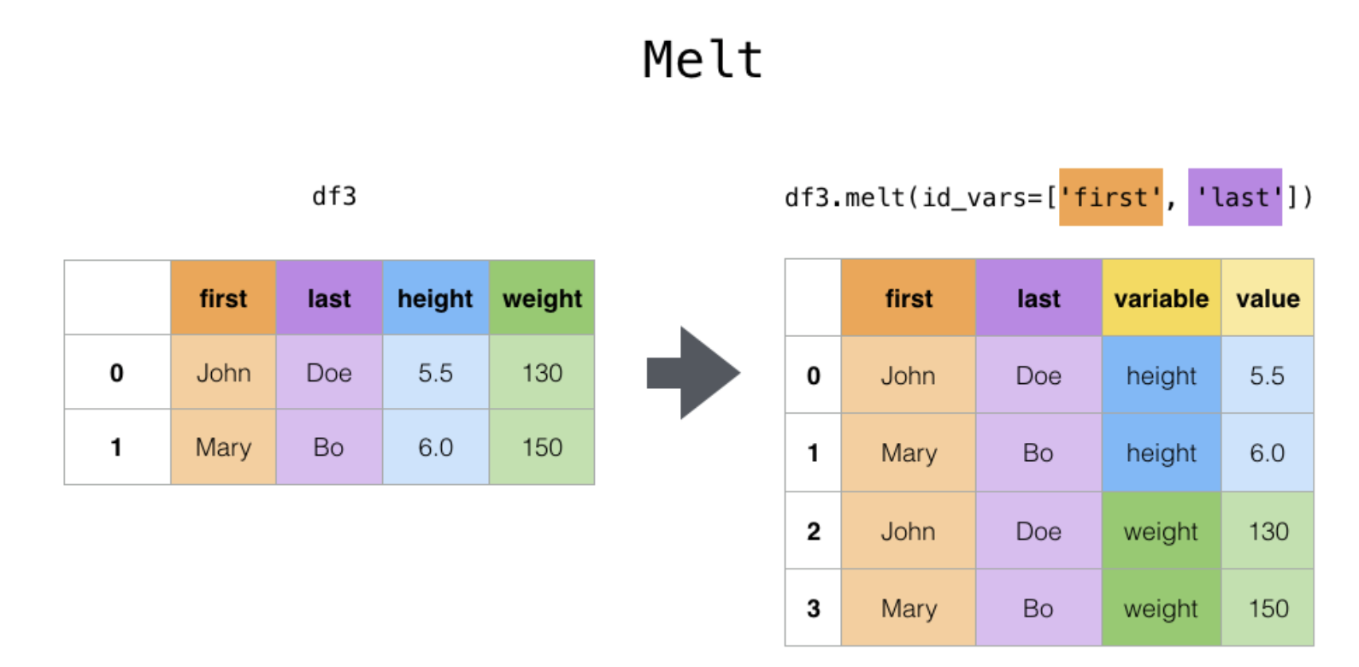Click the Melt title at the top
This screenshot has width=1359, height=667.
703,60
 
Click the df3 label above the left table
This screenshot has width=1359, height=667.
333,197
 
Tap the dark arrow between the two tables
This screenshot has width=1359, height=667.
693,373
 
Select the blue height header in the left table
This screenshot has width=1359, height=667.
436,298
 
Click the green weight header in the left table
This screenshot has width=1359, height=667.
542,298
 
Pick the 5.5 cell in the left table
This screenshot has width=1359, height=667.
436,372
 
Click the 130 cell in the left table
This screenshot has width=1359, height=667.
542,372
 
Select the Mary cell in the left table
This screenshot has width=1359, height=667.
223,446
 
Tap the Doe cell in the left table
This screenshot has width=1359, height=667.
329,372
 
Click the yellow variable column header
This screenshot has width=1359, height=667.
1162,298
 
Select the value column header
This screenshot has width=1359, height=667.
1268,298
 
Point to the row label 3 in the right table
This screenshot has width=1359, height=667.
813,607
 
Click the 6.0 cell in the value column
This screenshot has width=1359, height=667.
1268,452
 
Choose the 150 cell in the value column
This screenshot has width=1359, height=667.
1268,607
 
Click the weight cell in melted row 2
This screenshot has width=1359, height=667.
1162,530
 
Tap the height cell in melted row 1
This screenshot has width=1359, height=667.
1162,452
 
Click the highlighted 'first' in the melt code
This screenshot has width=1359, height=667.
1111,198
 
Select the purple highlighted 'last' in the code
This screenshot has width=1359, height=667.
1235,198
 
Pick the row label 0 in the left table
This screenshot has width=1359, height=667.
117,372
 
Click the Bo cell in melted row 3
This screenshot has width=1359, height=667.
1038,607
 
